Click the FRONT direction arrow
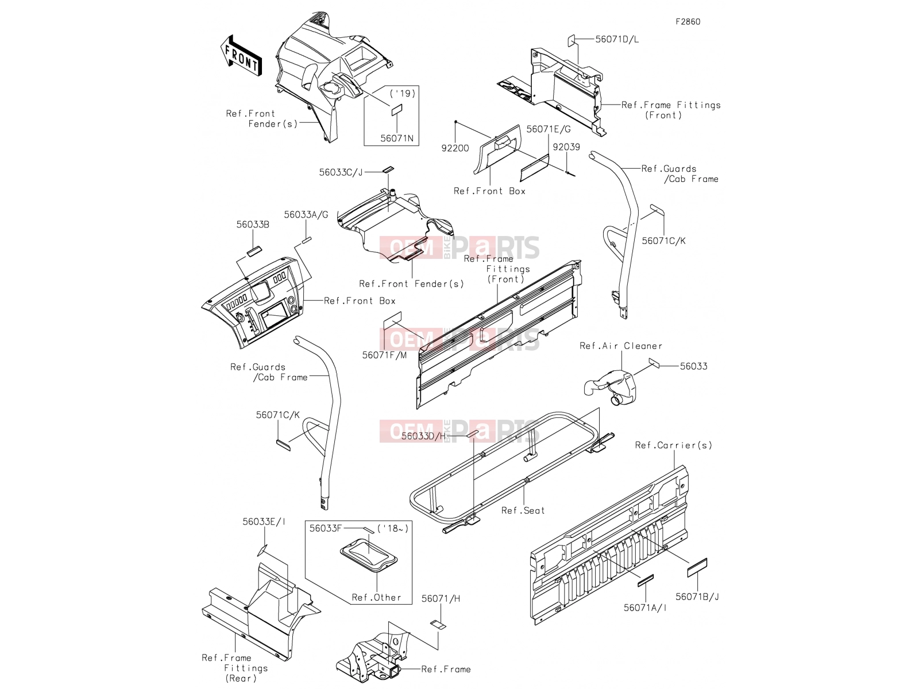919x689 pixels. click(241, 56)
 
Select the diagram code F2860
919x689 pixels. click(688, 22)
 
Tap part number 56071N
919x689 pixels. click(397, 138)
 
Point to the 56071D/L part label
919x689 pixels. click(617, 39)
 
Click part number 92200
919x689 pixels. click(455, 148)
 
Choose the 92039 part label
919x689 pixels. click(566, 147)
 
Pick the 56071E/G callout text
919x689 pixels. click(549, 129)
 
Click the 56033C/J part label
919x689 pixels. click(341, 172)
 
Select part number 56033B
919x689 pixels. click(253, 224)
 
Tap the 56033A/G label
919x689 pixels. click(306, 215)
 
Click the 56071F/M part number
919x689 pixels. click(384, 355)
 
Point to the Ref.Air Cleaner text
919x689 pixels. click(621, 346)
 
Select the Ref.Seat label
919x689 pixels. click(523, 510)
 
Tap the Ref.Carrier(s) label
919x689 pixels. click(674, 445)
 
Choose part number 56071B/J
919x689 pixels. click(697, 597)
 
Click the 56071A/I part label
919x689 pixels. click(645, 608)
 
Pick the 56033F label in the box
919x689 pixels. click(325, 528)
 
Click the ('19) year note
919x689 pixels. click(403, 93)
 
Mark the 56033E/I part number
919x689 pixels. click(264, 522)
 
